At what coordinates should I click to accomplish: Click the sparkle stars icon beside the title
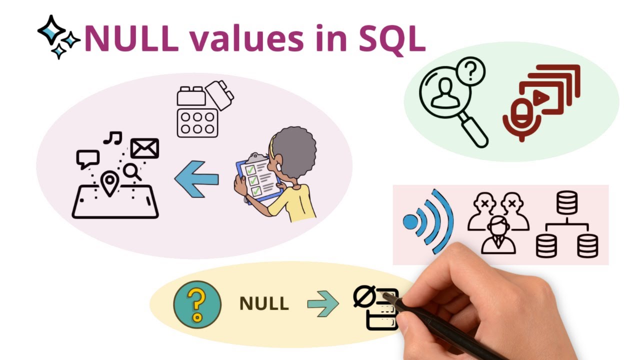click(58, 36)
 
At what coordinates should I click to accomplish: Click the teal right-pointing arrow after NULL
click(322, 303)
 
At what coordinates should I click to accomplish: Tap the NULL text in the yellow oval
click(264, 303)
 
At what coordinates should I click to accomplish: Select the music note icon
click(113, 138)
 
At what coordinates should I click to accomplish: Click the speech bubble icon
click(87, 158)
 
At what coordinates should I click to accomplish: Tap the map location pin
click(109, 183)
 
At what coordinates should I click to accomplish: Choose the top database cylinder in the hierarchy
click(566, 202)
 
